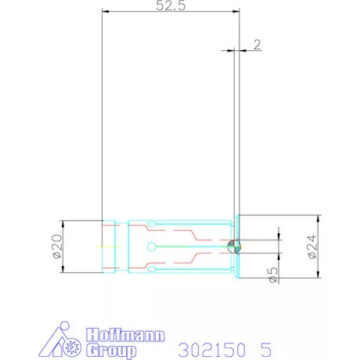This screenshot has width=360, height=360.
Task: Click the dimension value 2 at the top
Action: coord(257,44)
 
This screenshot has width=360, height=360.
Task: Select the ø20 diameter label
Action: coord(56,246)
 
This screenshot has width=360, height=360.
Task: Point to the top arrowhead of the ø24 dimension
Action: coord(319,218)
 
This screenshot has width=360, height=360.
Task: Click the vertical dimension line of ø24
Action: coord(319,246)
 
